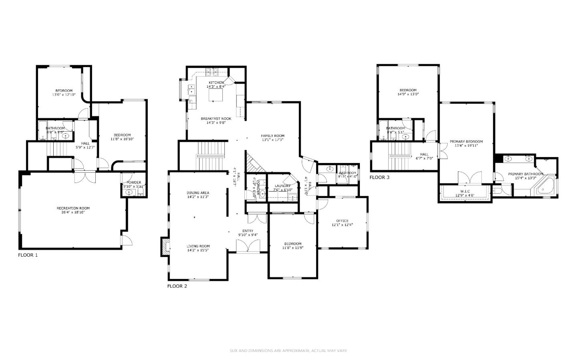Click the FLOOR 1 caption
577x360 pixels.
pos(28,255)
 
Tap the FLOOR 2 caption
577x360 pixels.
pos(177,286)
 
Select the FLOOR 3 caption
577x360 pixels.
pos(379,177)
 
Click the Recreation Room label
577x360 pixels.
pos(73,208)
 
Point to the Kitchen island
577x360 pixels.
pos(216,96)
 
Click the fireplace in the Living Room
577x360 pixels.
pos(164,246)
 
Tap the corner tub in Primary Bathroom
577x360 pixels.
pos(545,185)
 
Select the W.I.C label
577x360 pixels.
pos(465,191)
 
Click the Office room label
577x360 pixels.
pos(342,221)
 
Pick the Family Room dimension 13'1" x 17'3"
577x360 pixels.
pos(273,141)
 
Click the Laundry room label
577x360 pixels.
pos(282,186)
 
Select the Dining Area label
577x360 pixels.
pos(198,193)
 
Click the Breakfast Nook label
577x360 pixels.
pos(216,119)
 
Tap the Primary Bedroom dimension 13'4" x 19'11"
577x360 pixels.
pos(466,146)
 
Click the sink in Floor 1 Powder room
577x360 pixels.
pos(129,193)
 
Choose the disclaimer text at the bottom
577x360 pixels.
pos(288,351)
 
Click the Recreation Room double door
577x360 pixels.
pos(85,177)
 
